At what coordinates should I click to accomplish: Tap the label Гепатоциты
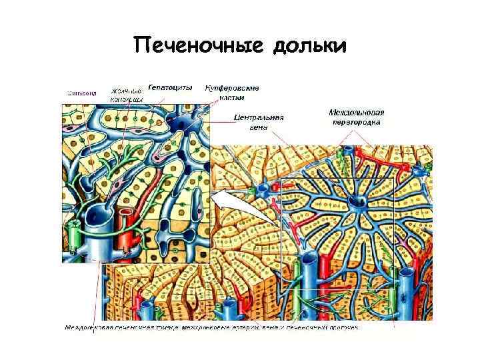(171, 87)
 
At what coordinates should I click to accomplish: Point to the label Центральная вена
(259, 122)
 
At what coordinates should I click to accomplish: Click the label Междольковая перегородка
(358, 117)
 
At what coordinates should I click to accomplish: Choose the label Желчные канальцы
(127, 95)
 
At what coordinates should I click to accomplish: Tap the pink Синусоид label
(79, 93)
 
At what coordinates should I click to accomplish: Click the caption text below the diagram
(212, 328)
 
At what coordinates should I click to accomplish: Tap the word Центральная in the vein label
(259, 117)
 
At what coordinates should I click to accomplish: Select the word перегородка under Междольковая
(358, 123)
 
